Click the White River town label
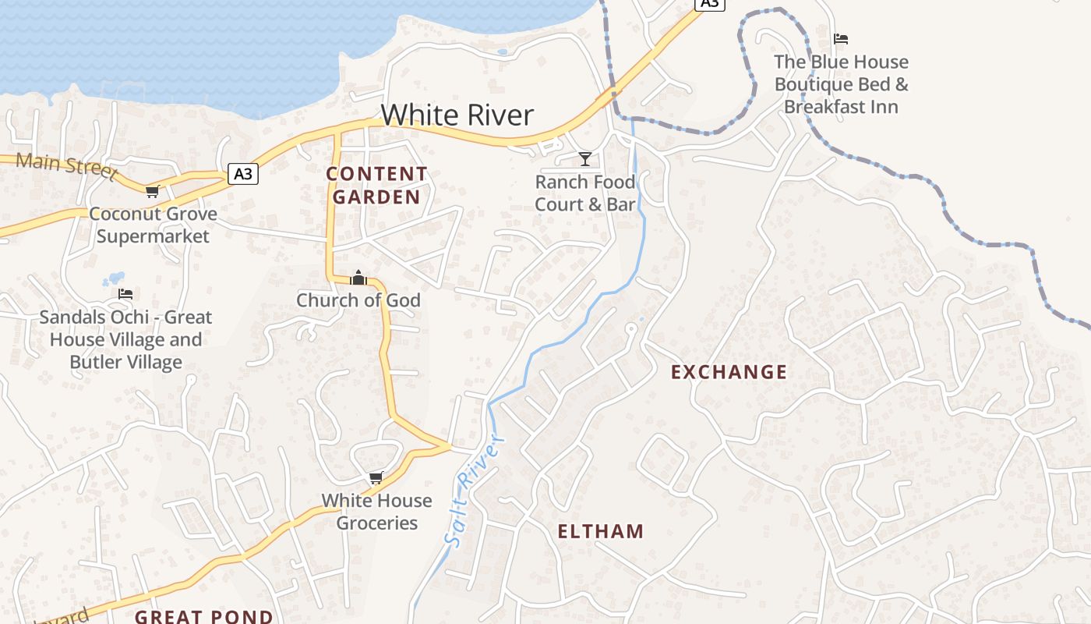[457, 115]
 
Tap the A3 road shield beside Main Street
[243, 174]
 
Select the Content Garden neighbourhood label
[376, 185]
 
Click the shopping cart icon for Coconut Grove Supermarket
[152, 191]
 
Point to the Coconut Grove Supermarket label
[153, 225]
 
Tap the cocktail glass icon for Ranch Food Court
[584, 159]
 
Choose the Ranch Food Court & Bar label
[584, 193]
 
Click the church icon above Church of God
[358, 278]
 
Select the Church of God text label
[358, 300]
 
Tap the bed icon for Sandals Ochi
[125, 294]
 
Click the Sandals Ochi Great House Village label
[125, 339]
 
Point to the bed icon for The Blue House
[840, 39]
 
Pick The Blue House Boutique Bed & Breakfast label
[841, 84]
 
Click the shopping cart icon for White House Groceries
[376, 477]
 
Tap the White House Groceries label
[376, 512]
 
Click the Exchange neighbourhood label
[729, 372]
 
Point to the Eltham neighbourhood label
[601, 532]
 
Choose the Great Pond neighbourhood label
[204, 616]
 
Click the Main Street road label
[66, 165]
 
